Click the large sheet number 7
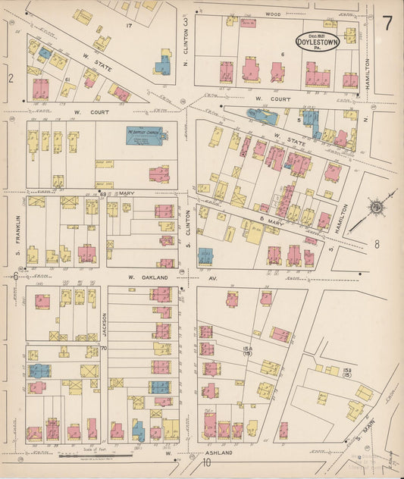(387, 23)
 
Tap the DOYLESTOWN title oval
(317, 38)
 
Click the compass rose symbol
(374, 208)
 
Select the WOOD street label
(273, 14)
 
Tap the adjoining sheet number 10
(205, 465)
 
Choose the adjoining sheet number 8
(376, 244)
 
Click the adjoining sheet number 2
(11, 77)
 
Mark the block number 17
(129, 27)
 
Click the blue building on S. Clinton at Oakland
(205, 255)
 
